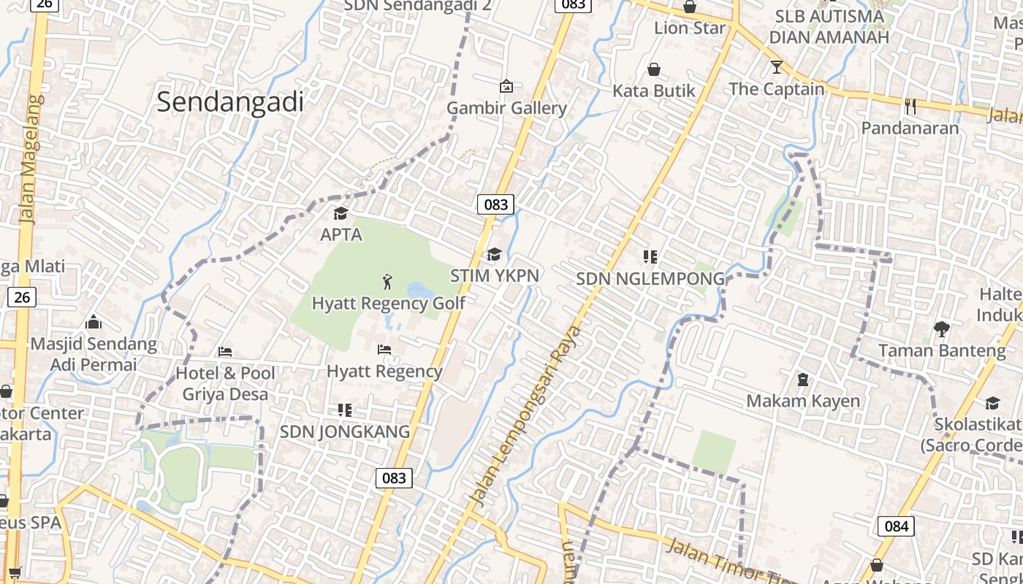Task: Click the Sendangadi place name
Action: (x=230, y=102)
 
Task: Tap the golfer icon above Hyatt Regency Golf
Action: (x=387, y=281)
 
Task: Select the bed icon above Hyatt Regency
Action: (x=384, y=350)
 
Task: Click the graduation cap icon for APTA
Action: (x=341, y=213)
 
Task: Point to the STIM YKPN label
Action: (x=495, y=275)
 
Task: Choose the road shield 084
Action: (x=896, y=526)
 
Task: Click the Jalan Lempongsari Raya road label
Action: (x=526, y=416)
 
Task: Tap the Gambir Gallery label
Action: (x=506, y=108)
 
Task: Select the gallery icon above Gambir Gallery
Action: (x=506, y=86)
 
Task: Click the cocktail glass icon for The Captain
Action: (x=776, y=67)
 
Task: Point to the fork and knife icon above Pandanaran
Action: (x=910, y=106)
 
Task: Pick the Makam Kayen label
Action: (x=803, y=401)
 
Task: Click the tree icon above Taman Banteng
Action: (x=941, y=329)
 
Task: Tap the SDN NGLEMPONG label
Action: (x=650, y=278)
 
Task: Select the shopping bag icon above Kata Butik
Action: (x=654, y=69)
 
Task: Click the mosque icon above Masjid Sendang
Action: (x=94, y=322)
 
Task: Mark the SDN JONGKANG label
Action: (x=345, y=431)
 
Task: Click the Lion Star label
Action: (x=690, y=28)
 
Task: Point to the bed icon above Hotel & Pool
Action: (x=225, y=352)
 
